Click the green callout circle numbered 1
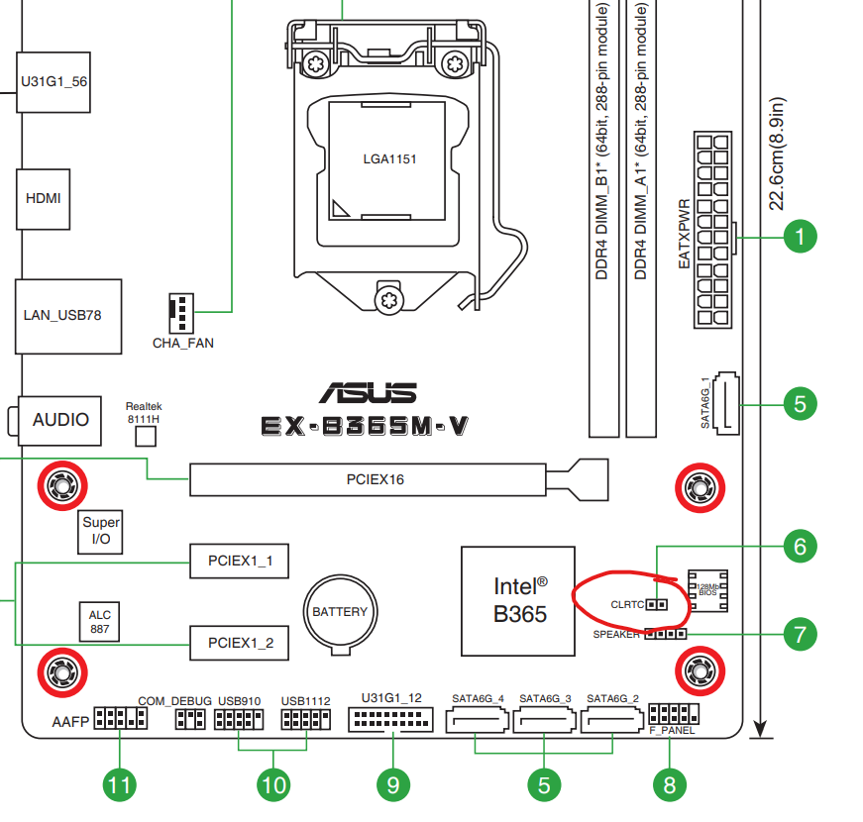coord(800,237)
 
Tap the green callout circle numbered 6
coord(800,547)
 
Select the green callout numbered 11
coord(120,784)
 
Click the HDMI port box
coord(43,199)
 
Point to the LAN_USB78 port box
coord(68,316)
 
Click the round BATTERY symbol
coord(341,612)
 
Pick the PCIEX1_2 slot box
coord(239,643)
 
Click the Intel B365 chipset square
coord(518,601)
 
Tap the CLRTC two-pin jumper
coord(657,605)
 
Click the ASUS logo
coord(368,393)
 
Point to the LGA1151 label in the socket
coord(389,159)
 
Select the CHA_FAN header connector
coord(181,313)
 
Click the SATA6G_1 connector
coord(726,403)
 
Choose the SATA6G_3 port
coord(544,720)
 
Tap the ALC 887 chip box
coord(99,622)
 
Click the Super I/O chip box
coord(100,532)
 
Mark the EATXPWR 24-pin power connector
coord(712,230)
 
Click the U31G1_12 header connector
coord(390,720)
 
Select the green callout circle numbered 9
coord(393,784)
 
